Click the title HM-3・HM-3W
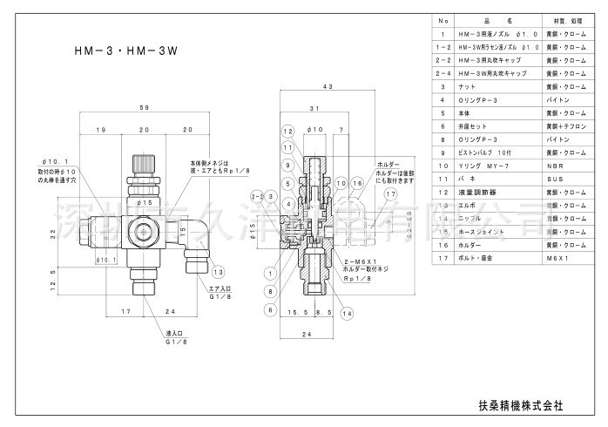(127, 51)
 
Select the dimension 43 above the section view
(328, 87)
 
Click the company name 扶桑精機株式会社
(522, 404)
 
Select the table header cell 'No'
(442, 19)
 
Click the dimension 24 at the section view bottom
(305, 333)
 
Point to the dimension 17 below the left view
(126, 310)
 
